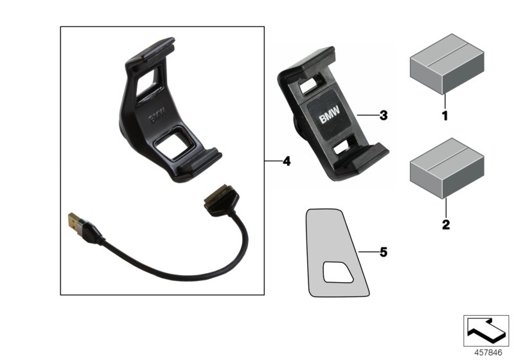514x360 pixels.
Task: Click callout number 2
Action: pyautogui.click(x=444, y=225)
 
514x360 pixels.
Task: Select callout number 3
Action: pyautogui.click(x=383, y=116)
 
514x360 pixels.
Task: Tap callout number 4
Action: pyautogui.click(x=286, y=161)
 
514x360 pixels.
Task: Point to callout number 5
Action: pyautogui.click(x=383, y=253)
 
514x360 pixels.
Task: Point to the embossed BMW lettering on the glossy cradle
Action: pyautogui.click(x=157, y=118)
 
